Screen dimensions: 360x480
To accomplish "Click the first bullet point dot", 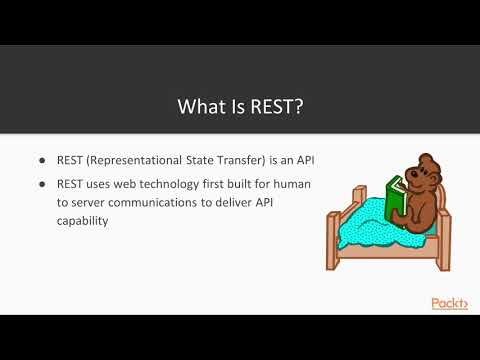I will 41,161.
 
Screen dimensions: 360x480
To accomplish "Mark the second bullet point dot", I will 41,183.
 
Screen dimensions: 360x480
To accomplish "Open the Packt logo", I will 449,303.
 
